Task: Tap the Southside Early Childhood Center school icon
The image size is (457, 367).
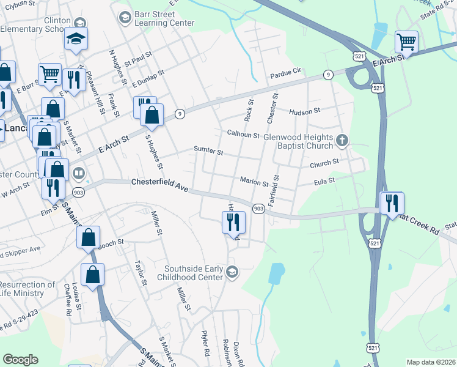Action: pos(232,271)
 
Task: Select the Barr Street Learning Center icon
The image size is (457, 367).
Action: pos(125,16)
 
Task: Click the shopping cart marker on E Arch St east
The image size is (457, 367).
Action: pos(406,42)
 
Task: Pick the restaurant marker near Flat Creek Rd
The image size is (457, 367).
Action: pos(391,202)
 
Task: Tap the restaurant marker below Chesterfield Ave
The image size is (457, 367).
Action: pos(233,222)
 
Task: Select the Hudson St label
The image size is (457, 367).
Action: pos(305,111)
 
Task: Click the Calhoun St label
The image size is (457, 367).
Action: pos(244,133)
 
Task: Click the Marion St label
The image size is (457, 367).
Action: pos(254,182)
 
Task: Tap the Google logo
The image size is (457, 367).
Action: pos(20,360)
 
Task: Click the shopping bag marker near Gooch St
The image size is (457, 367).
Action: pos(89,237)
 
